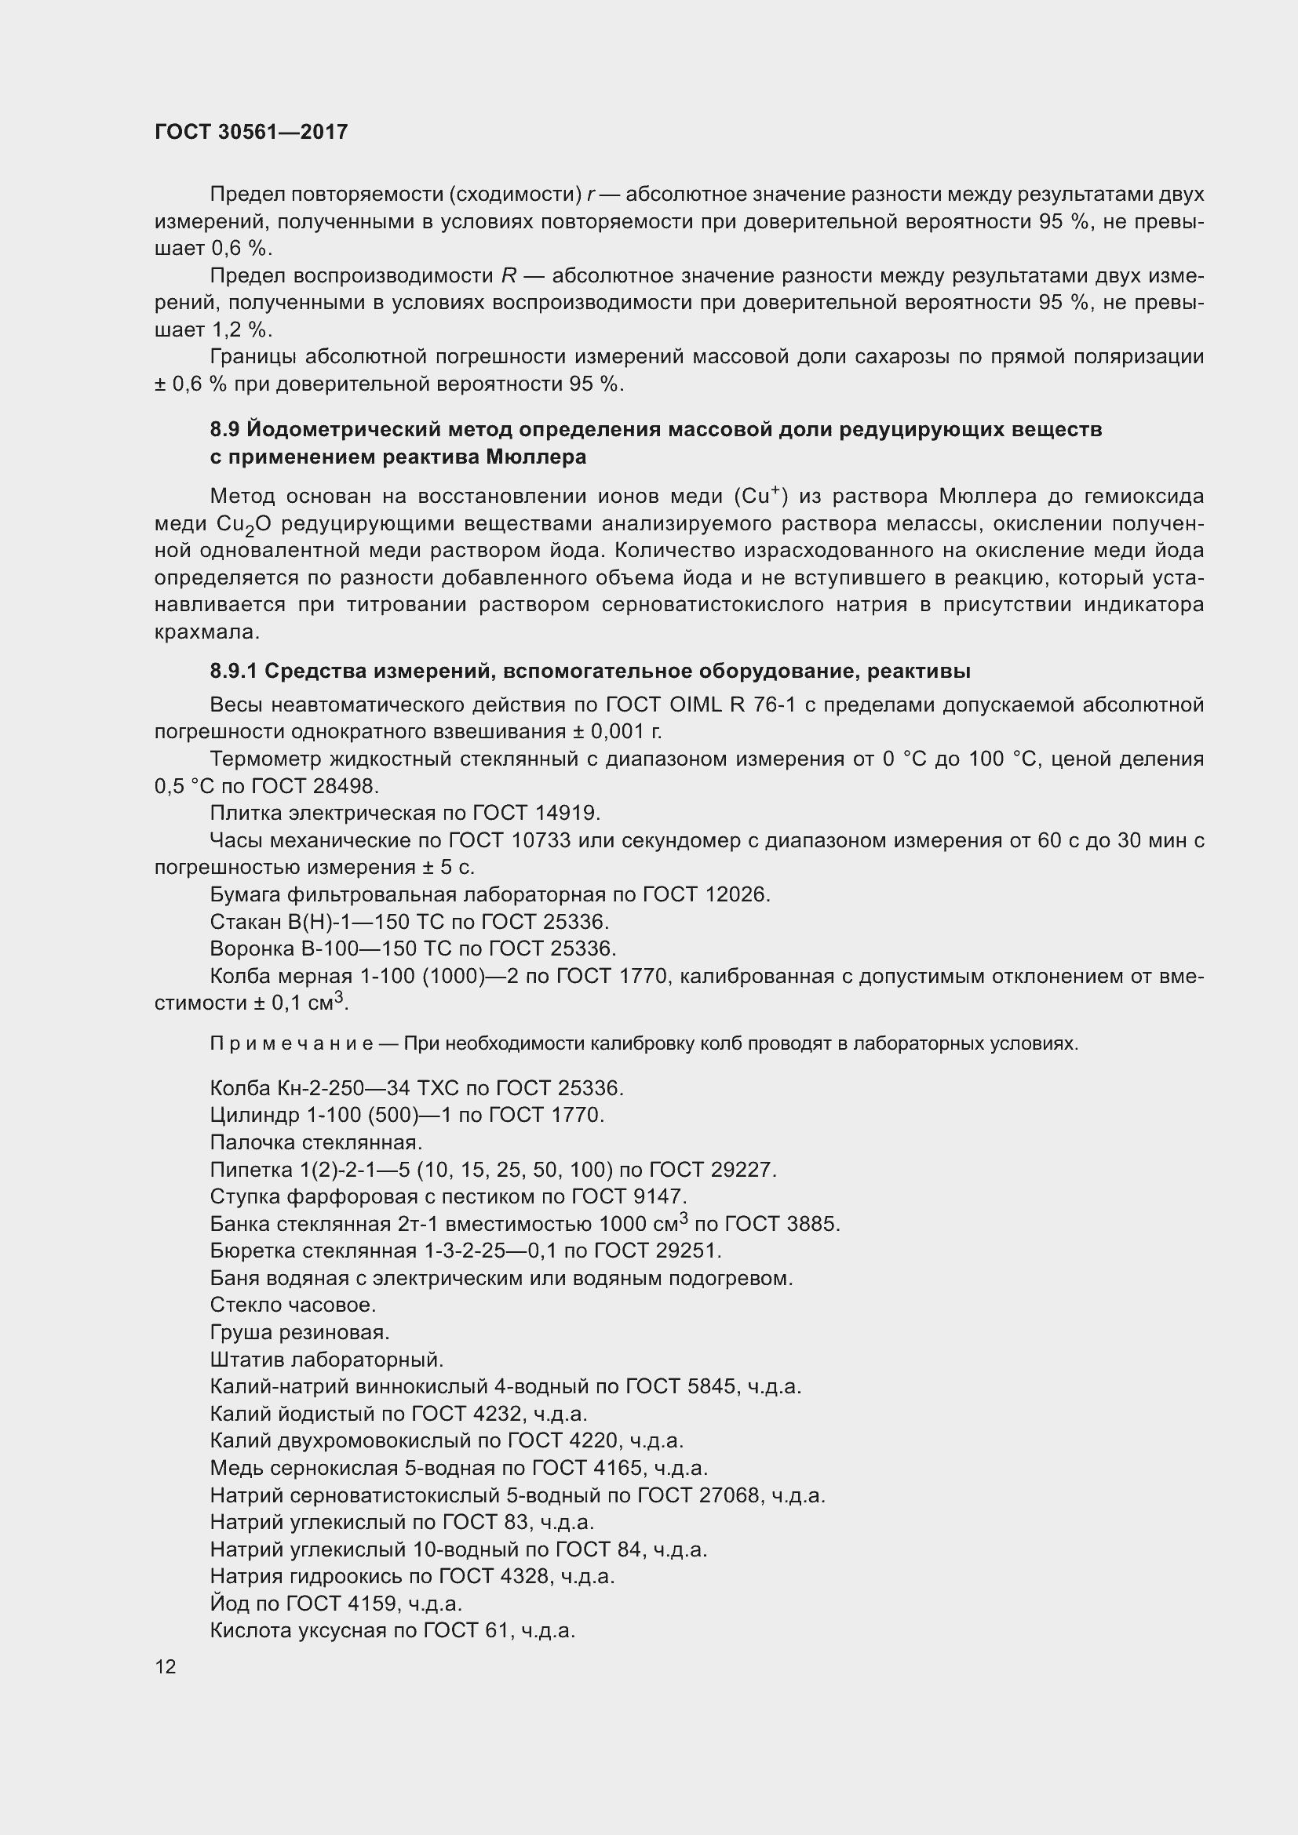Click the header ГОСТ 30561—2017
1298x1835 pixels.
pos(251,132)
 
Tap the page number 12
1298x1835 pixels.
pos(166,1666)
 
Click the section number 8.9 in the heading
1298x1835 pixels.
pos(224,430)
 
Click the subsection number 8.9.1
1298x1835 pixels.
pos(233,672)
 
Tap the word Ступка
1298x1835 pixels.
pos(245,1196)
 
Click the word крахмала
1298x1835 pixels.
pos(205,632)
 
